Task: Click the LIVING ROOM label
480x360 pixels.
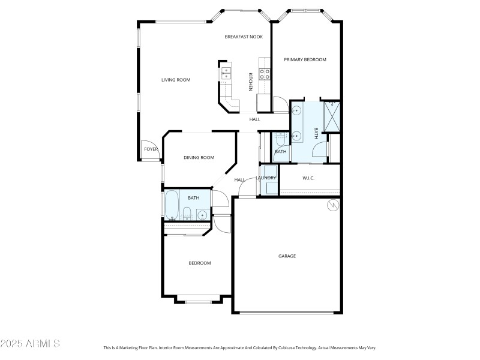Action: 176,80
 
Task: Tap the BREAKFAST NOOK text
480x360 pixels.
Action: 244,37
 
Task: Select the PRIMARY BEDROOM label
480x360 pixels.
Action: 305,59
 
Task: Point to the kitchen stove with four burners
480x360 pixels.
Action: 264,74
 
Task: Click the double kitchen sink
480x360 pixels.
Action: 226,73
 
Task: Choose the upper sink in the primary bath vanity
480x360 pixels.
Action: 296,111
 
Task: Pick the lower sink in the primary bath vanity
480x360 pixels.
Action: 296,136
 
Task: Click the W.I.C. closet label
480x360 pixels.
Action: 308,178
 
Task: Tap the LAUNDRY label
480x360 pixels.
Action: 266,178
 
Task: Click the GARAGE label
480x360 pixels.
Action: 287,256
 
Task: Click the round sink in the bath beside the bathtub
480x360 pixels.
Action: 203,214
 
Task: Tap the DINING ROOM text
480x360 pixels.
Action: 199,158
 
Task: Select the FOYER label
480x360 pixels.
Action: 151,149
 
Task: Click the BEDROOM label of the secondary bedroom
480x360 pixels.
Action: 200,263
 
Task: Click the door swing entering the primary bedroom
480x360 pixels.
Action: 280,104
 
